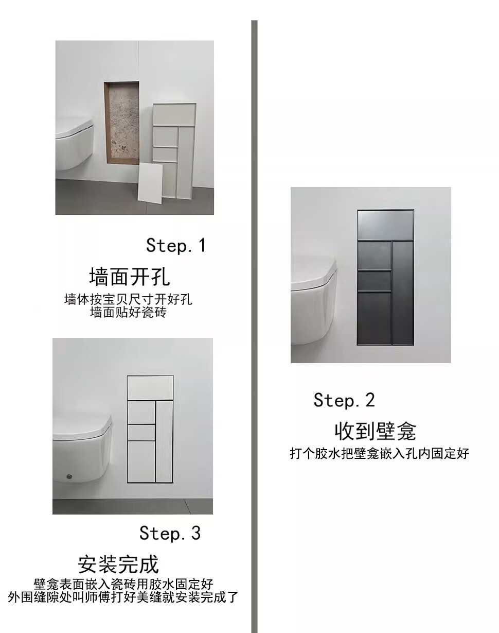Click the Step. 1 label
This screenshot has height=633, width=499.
tap(176, 245)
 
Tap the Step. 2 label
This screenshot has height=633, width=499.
tap(344, 400)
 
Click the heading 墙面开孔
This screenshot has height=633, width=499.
tap(130, 277)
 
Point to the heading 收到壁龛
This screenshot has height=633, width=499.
tap(375, 431)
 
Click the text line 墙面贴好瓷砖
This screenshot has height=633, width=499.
tap(128, 313)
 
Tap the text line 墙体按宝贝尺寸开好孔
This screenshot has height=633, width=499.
tap(128, 299)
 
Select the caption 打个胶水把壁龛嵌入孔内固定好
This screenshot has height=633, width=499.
tap(379, 453)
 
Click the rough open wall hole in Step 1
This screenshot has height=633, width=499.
tap(122, 122)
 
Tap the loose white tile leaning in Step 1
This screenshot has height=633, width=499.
tap(150, 183)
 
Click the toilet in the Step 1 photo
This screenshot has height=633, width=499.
tap(75, 144)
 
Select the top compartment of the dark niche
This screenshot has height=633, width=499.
tap(385, 225)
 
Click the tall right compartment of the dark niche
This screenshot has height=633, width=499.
tap(403, 293)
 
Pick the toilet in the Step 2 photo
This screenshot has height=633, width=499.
tap(314, 302)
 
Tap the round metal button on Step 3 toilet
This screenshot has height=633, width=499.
tap(69, 476)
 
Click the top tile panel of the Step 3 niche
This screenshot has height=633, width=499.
tap(150, 388)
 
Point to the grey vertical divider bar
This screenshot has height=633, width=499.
tap(255, 327)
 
